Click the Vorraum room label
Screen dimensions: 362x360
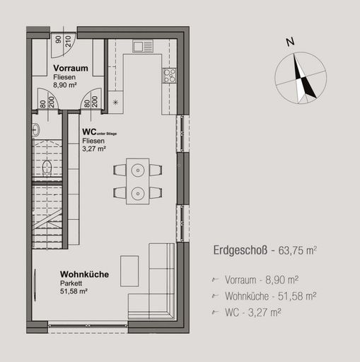(71, 68)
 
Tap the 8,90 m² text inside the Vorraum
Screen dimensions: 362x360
(65, 84)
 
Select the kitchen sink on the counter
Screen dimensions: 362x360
(142, 47)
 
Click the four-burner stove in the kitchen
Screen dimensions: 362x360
(169, 75)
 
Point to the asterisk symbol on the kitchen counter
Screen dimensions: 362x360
(116, 102)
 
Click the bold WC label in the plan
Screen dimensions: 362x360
(89, 132)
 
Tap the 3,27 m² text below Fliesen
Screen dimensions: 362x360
(93, 148)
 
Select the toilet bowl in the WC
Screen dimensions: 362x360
(46, 168)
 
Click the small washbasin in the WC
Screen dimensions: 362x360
(35, 130)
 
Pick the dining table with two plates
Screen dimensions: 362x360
(137, 181)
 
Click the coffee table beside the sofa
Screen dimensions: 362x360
(129, 270)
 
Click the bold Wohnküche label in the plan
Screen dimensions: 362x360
(84, 274)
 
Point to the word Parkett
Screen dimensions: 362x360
(71, 283)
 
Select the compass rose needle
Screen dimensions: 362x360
(303, 79)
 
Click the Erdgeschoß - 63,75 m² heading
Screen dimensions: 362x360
(265, 250)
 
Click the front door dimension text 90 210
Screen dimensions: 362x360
(64, 40)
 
